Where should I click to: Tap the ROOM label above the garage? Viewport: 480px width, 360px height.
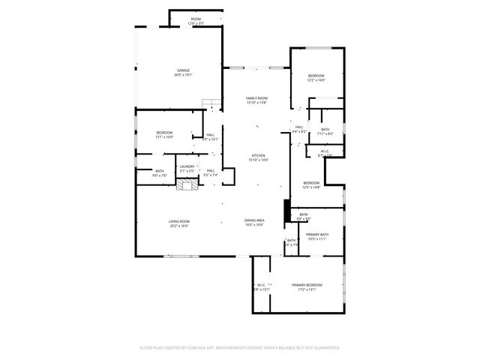click(x=196, y=19)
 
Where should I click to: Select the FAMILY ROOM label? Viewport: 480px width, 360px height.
click(x=257, y=98)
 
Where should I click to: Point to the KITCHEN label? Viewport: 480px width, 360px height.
click(x=257, y=156)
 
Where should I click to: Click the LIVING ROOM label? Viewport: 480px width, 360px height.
click(x=178, y=221)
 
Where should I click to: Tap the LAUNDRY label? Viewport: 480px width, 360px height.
click(x=187, y=166)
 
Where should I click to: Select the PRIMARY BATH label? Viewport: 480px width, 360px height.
click(x=317, y=235)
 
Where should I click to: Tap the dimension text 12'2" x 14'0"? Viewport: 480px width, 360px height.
click(x=316, y=79)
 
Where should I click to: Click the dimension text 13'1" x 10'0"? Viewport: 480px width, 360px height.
click(x=164, y=137)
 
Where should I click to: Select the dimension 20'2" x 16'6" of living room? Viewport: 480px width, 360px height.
click(x=178, y=226)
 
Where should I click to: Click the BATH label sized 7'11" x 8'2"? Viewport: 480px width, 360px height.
click(x=325, y=130)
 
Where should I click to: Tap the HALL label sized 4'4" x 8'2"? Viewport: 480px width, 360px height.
click(x=298, y=127)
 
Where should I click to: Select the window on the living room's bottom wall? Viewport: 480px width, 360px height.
click(x=180, y=256)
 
